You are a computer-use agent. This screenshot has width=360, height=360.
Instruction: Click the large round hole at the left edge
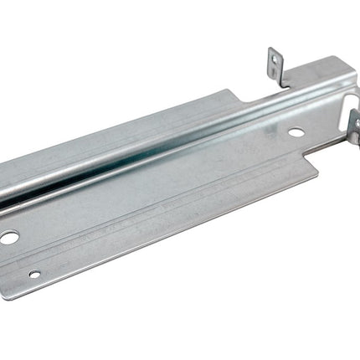[8, 238]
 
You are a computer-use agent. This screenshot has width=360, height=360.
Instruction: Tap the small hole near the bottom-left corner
[33, 274]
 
